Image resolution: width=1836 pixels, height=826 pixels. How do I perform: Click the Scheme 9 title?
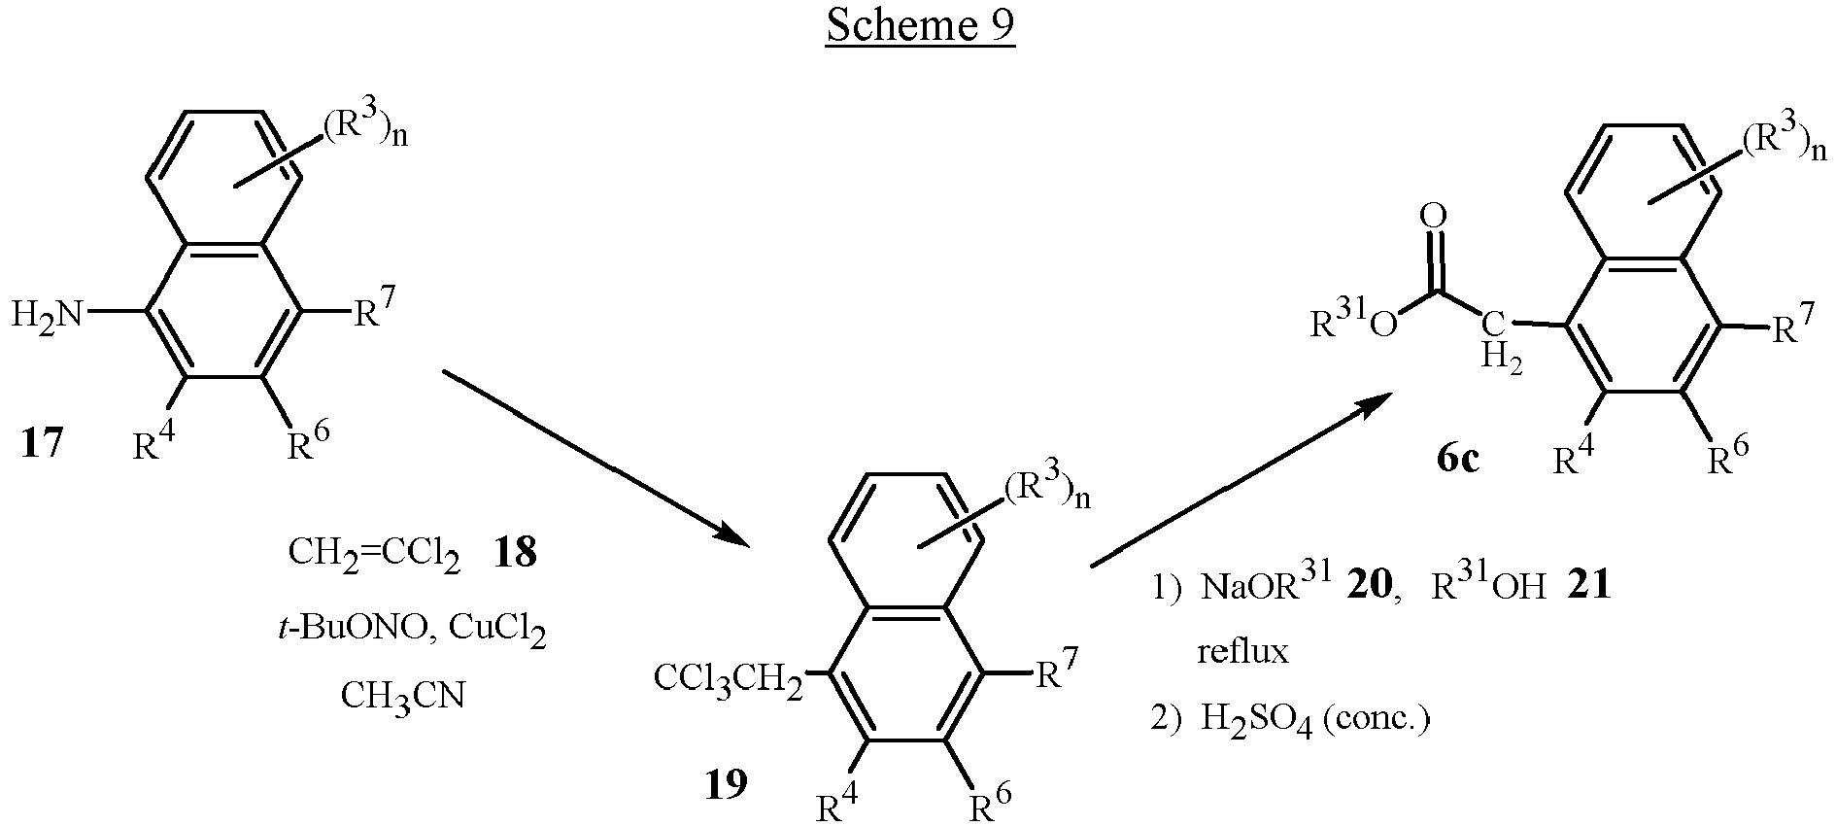920,26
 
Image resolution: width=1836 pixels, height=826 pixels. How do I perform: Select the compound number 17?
41,444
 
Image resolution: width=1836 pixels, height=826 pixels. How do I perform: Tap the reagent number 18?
515,555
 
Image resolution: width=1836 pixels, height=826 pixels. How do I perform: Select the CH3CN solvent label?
402,697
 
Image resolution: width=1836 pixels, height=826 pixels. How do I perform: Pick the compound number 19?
727,783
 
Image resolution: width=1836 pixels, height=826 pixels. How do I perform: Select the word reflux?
1242,651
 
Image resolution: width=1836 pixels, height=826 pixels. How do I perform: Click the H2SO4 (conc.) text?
1315,720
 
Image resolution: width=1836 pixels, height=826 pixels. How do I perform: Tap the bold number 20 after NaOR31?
1371,586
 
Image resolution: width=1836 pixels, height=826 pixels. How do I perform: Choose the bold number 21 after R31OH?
1589,586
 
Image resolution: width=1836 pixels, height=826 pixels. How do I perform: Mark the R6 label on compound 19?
991,802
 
